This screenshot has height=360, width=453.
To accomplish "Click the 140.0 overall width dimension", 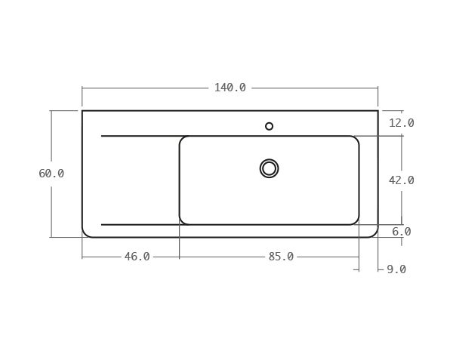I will [x=230, y=88].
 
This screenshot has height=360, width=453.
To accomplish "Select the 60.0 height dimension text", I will [x=51, y=174].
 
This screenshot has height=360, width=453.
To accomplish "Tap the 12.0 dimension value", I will [x=402, y=123].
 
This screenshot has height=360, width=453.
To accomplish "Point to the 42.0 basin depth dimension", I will [x=402, y=180].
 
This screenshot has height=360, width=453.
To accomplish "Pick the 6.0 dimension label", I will [x=402, y=232].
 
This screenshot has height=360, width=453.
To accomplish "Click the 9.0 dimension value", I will [x=396, y=269].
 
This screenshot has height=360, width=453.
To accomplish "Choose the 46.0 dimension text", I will [x=137, y=257].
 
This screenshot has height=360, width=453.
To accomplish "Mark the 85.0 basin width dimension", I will [x=281, y=257].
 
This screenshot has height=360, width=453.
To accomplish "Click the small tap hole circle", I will [x=269, y=126].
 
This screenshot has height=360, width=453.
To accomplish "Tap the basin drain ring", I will [x=269, y=168].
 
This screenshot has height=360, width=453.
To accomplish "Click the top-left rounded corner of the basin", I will [x=182, y=139].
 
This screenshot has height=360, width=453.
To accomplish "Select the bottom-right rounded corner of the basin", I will [x=356, y=222].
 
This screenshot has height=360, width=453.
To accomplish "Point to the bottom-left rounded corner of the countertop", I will [x=85, y=234].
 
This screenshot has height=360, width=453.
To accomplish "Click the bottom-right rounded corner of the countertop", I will [x=374, y=234].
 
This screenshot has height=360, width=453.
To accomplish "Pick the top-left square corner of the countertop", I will [x=82, y=111].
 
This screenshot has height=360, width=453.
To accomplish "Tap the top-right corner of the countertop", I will [x=377, y=111].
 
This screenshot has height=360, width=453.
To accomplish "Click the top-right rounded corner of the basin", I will [x=356, y=139].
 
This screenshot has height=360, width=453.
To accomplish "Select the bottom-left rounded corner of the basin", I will [x=182, y=222].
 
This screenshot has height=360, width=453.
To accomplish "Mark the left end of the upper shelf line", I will [x=102, y=136].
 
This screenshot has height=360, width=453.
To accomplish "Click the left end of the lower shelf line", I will [x=102, y=224].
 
